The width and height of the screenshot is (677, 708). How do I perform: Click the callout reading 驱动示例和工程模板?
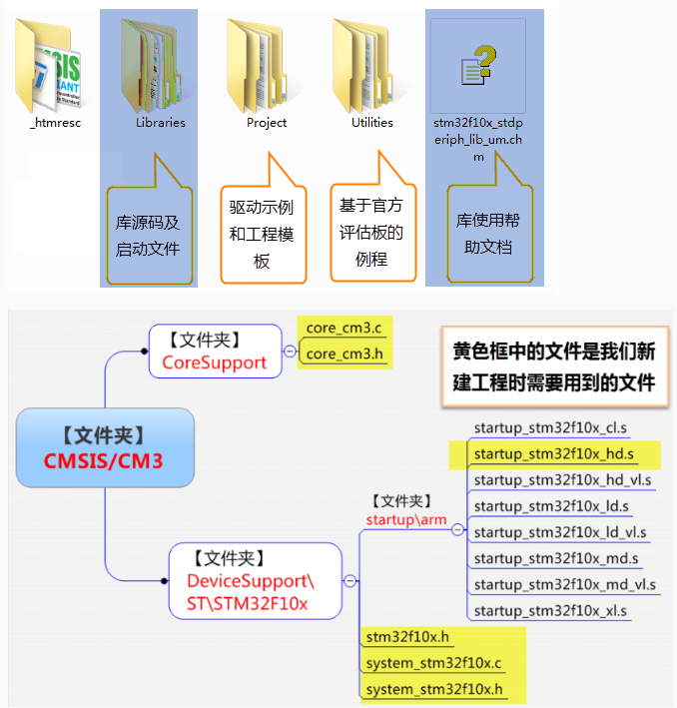(x=263, y=232)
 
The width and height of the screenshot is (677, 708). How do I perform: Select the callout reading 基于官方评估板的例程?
(x=371, y=232)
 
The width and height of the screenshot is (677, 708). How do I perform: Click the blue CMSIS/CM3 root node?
(x=105, y=447)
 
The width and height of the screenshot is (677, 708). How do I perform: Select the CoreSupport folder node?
(x=215, y=352)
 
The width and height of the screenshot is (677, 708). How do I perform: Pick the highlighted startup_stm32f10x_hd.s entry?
(x=552, y=454)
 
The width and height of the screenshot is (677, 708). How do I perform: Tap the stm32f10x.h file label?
(x=407, y=637)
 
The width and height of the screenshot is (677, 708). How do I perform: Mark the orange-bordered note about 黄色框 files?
(x=554, y=365)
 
